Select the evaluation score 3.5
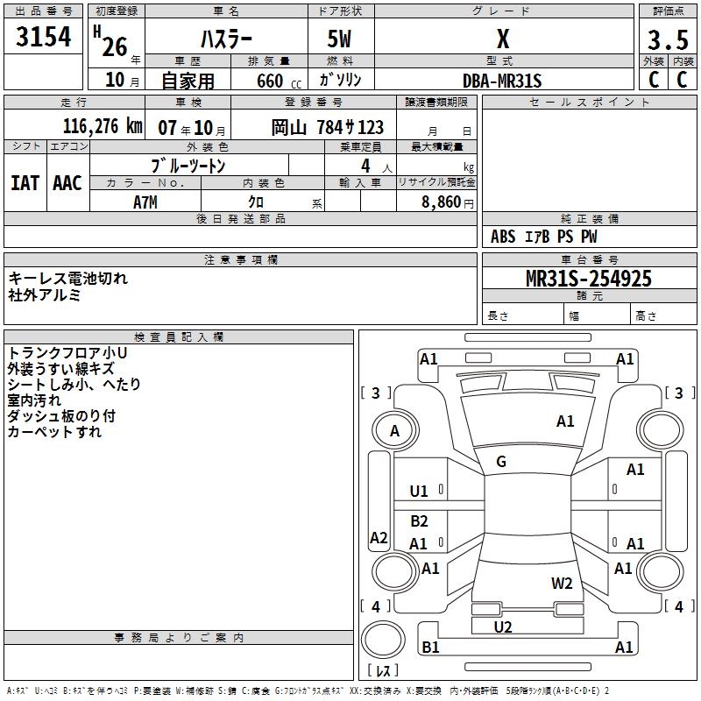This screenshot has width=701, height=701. [x=668, y=40]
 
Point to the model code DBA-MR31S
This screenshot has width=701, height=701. [x=502, y=81]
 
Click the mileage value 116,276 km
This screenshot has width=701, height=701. [x=103, y=126]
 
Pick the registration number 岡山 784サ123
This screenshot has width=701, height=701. [x=327, y=127]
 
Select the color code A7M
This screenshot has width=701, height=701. [x=146, y=202]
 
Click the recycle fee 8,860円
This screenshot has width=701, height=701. [x=447, y=202]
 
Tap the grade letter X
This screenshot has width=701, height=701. [x=502, y=39]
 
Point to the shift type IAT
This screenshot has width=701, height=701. [x=25, y=183]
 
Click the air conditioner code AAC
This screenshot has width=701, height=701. [x=67, y=183]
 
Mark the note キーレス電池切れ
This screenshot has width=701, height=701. [x=68, y=279]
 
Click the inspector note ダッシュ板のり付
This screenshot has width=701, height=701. [x=61, y=415]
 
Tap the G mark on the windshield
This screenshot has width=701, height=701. [x=501, y=462]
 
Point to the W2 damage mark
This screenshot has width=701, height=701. [x=562, y=583]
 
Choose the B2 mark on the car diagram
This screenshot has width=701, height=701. [x=419, y=521]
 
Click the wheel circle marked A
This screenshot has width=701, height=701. [x=394, y=431]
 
